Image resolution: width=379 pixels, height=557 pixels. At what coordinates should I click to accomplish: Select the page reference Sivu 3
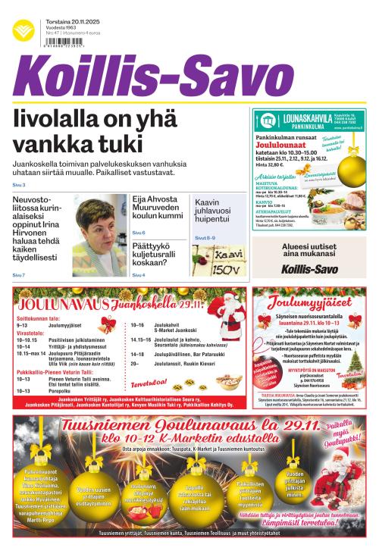[19, 185]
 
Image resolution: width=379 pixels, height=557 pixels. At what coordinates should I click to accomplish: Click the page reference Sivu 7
[19, 275]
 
